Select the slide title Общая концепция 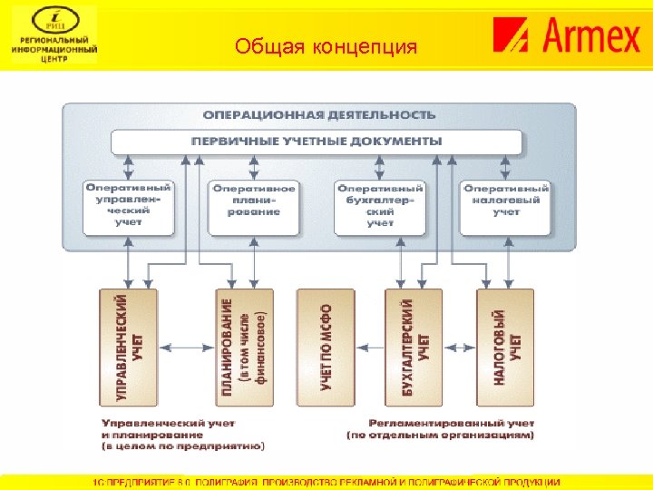pos(326,45)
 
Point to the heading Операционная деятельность pos(318,115)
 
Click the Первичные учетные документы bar pos(317,142)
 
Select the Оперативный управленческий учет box pos(128,204)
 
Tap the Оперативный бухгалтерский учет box pos(380,204)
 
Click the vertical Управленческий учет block pos(128,347)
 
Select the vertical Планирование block pos(244,347)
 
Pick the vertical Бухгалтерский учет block pos(414,347)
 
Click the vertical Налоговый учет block pos(505,347)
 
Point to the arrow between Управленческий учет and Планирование pos(186,347)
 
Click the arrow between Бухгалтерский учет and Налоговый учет pos(460,347)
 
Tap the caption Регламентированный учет pos(452,423)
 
